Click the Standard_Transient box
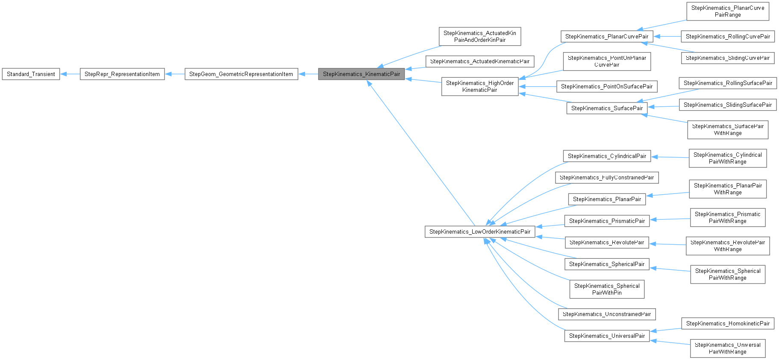(31, 74)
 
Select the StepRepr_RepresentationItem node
(122, 74)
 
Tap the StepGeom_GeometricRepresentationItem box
(241, 74)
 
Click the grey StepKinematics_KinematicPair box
(361, 74)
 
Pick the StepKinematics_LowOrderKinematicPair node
(479, 231)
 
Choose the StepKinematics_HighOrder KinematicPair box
(479, 86)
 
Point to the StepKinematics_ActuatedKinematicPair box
(479, 61)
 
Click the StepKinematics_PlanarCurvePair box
(606, 36)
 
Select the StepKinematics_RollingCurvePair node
(728, 36)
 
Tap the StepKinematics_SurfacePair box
(607, 108)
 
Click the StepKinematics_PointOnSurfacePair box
(606, 86)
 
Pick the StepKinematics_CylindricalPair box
(607, 156)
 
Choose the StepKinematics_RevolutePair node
(606, 242)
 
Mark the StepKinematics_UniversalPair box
(607, 336)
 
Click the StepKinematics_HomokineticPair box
(727, 323)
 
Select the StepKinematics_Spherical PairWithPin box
(607, 289)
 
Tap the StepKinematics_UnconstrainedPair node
(606, 314)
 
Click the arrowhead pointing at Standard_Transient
(63, 74)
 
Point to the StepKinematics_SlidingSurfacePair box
(727, 105)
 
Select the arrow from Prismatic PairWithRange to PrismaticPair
(670, 219)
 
